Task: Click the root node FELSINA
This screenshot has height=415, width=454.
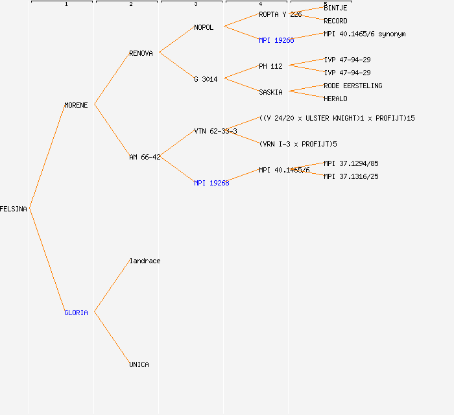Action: [14, 209]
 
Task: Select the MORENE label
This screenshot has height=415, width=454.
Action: [76, 105]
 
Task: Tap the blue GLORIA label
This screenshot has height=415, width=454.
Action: [76, 313]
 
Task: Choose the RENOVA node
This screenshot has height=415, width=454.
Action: [141, 53]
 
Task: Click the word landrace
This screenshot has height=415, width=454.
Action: [145, 261]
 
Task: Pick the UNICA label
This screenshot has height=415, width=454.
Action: [139, 364]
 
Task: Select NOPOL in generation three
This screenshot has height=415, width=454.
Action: [204, 27]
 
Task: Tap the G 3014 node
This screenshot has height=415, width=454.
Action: [206, 79]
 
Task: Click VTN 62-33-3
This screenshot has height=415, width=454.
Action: [215, 131]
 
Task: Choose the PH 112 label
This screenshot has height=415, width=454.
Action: [270, 66]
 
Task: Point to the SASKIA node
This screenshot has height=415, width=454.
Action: [270, 92]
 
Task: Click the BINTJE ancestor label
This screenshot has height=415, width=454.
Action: [335, 8]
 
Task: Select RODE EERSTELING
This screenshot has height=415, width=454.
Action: [353, 86]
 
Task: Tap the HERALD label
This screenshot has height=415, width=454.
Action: [335, 99]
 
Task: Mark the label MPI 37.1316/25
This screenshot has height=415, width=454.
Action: [351, 176]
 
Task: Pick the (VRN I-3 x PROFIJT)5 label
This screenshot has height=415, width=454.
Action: [298, 144]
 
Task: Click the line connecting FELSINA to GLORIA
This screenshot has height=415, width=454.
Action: [47, 261]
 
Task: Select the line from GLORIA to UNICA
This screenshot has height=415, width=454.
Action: [112, 338]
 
